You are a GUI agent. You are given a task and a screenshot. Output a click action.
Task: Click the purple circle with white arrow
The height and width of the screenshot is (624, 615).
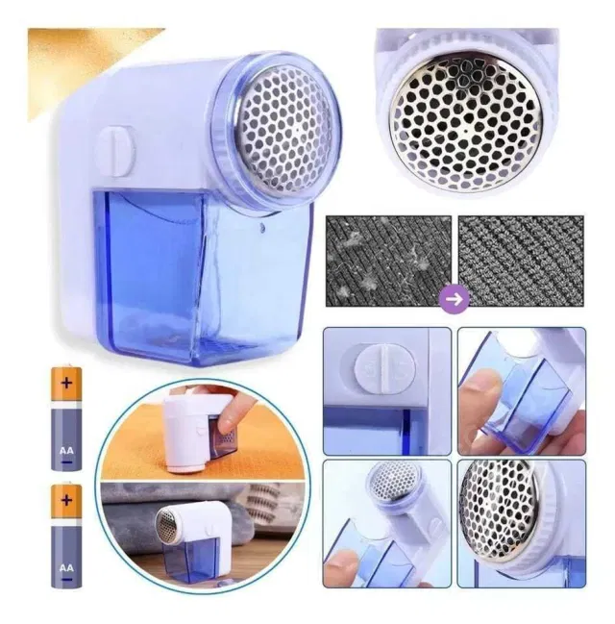[x=455, y=299]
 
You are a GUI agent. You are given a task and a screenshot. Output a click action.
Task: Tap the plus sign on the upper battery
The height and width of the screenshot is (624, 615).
[x=66, y=383]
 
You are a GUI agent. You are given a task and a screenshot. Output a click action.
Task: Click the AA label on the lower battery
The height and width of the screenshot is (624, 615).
[x=66, y=568]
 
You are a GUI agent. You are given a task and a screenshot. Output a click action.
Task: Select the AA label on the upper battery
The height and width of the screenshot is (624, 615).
[x=66, y=451]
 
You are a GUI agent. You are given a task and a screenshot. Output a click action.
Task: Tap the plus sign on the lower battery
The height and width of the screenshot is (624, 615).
[x=66, y=500]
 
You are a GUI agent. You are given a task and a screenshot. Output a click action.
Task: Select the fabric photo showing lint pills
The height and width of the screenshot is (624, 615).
[x=388, y=261]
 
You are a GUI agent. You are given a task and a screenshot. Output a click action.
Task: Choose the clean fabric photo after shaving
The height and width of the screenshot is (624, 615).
[x=521, y=261]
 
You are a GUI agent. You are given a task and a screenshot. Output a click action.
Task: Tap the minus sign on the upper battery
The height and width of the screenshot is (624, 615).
[x=67, y=462]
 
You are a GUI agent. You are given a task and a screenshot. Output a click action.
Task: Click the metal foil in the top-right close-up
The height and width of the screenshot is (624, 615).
[x=466, y=113]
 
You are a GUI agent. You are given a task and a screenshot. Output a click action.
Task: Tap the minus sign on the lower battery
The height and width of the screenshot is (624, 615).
[x=67, y=580]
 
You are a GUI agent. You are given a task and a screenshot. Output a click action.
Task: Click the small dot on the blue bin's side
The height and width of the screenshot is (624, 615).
[x=262, y=228]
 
